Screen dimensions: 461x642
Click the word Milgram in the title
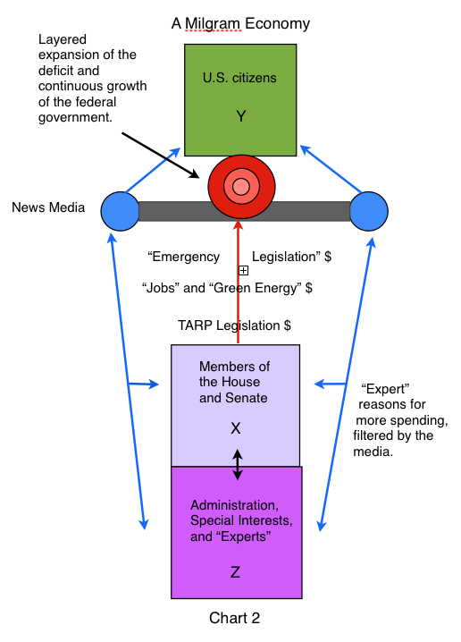pyautogui.click(x=213, y=24)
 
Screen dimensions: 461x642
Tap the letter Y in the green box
pyautogui.click(x=241, y=116)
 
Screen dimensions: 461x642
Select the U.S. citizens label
pyautogui.click(x=239, y=78)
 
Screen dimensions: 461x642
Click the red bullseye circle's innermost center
pyautogui.click(x=241, y=187)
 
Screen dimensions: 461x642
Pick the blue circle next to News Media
pyautogui.click(x=121, y=211)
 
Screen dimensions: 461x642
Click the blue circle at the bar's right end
pyautogui.click(x=369, y=211)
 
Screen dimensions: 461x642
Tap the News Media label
pyautogui.click(x=48, y=207)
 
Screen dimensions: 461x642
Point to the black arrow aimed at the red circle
pyautogui.click(x=160, y=156)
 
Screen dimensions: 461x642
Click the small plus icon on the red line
pyautogui.click(x=243, y=270)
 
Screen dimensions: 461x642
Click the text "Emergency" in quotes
pyautogui.click(x=184, y=257)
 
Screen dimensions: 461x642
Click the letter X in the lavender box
pyautogui.click(x=236, y=428)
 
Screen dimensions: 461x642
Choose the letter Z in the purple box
pyautogui.click(x=235, y=572)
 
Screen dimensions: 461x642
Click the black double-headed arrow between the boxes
pyautogui.click(x=238, y=465)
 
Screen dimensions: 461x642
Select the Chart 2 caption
pyautogui.click(x=234, y=618)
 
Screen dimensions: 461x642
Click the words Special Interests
pyautogui.click(x=241, y=520)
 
